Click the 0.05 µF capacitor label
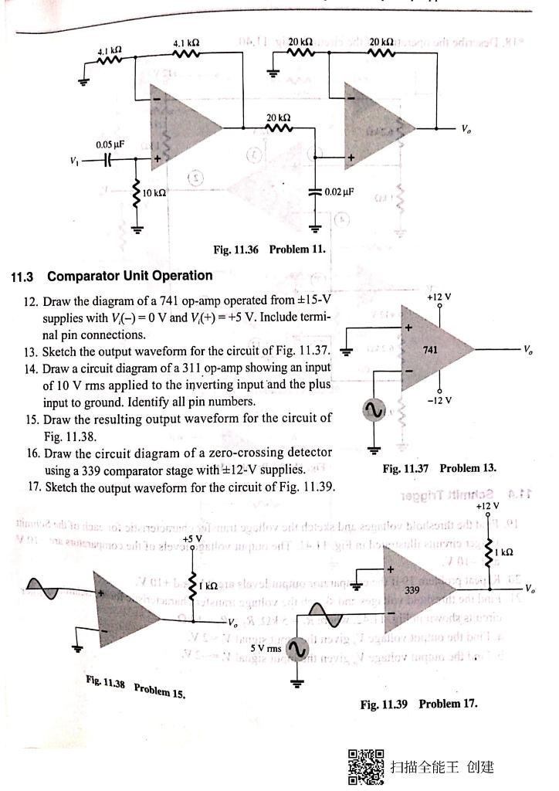coord(110,144)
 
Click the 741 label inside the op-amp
coord(430,350)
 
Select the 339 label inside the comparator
coord(434,589)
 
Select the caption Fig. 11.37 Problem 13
coord(439,468)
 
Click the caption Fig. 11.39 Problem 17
coord(418,704)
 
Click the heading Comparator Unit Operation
coord(129,276)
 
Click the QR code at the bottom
coord(365,766)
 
